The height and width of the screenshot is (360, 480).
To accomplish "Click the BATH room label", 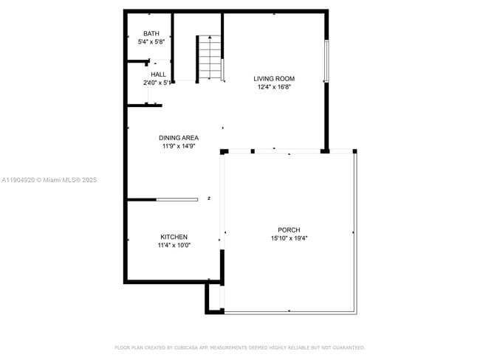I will (151, 34).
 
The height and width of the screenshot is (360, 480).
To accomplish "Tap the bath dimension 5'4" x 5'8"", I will (151, 43).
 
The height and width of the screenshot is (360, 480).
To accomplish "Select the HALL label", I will (158, 75).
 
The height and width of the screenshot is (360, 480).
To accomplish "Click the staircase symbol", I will (210, 58).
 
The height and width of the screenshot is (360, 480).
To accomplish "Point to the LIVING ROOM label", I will (274, 79).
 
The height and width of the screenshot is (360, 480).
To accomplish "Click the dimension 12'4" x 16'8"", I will (274, 87).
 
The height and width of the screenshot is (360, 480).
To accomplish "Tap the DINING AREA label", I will (179, 138).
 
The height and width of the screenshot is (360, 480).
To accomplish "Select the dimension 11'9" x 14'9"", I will (179, 146).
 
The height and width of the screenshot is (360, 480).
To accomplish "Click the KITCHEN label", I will (174, 237).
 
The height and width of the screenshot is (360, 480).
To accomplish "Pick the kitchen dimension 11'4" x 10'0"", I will (174, 246).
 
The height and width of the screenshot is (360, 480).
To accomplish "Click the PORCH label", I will (289, 230).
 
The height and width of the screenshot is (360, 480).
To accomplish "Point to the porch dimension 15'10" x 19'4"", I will (289, 238).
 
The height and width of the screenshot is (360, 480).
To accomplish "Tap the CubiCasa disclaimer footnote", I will (239, 347).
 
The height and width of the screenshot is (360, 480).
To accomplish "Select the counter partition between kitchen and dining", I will (176, 199).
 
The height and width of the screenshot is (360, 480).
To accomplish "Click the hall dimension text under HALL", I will (157, 83).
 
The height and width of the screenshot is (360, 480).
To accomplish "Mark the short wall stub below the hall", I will (144, 105).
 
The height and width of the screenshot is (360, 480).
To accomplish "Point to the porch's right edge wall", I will (357, 232).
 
